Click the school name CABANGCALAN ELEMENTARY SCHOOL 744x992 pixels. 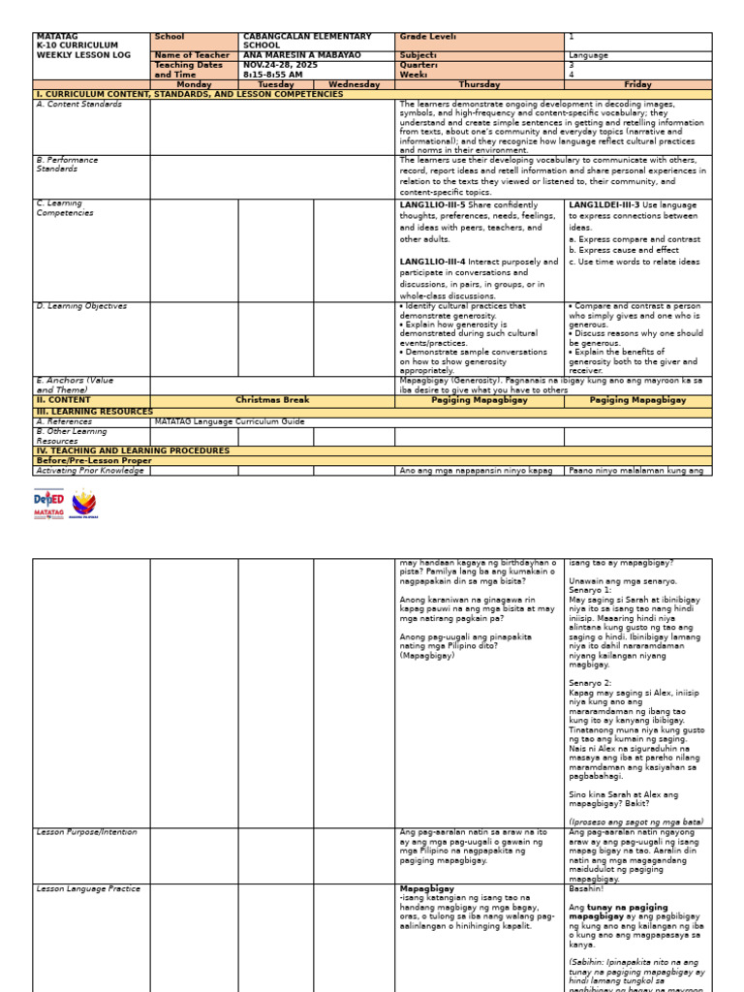click(306, 41)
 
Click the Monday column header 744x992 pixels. click(194, 84)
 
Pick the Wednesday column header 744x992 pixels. click(354, 84)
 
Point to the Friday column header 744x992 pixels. click(637, 84)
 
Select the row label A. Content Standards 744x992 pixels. click(79, 104)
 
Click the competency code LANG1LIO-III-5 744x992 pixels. click(432, 205)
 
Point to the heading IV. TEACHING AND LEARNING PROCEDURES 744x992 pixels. click(133, 450)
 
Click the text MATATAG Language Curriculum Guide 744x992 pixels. click(230, 421)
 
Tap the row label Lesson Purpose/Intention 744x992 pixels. click(86, 832)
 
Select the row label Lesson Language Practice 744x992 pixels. click(87, 888)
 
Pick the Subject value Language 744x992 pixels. click(588, 55)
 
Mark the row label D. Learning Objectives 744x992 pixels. click(81, 306)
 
